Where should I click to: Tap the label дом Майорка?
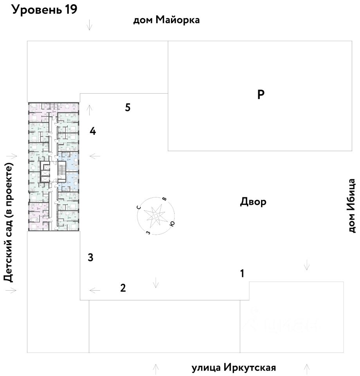pyautogui.click(x=167, y=20)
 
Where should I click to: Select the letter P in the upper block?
pyautogui.click(x=261, y=94)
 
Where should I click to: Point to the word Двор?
pyautogui.click(x=253, y=202)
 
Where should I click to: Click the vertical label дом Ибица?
pyautogui.click(x=352, y=206)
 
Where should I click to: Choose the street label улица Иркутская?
pyautogui.click(x=234, y=368)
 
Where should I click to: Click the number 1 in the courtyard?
pyautogui.click(x=242, y=273)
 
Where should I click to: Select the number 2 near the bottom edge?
pyautogui.click(x=123, y=288)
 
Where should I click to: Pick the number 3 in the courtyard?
pyautogui.click(x=90, y=258)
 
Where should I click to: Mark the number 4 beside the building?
pyautogui.click(x=93, y=131)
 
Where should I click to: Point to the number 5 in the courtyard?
pyautogui.click(x=128, y=107)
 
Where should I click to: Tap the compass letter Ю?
pyautogui.click(x=171, y=224)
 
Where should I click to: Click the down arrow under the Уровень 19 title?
pyautogui.click(x=90, y=25)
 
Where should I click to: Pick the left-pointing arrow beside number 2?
pyautogui.click(x=94, y=290)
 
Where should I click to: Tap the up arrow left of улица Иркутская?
pyautogui.click(x=156, y=369)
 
